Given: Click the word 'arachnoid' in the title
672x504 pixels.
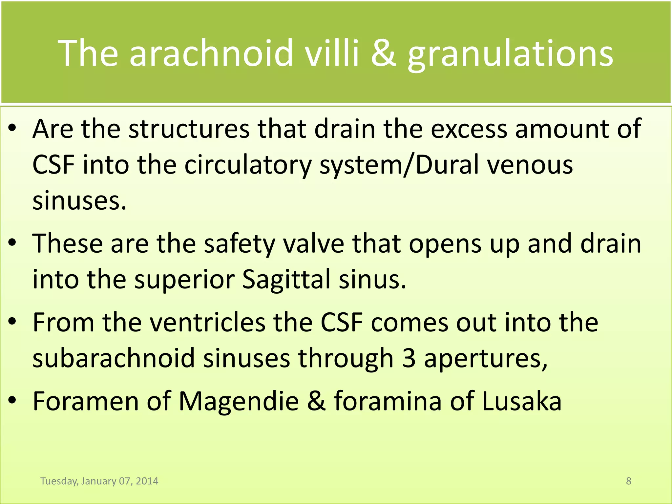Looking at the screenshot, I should click(211, 53).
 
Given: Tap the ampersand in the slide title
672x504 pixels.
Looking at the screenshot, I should click(384, 53).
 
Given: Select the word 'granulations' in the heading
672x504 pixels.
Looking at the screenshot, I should click(510, 54).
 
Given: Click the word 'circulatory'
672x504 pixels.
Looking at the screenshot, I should click(248, 165).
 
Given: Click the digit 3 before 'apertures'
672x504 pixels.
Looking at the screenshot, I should click(409, 358).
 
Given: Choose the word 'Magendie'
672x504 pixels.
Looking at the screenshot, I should click(239, 402).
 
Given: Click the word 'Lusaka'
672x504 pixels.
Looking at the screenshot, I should click(522, 402).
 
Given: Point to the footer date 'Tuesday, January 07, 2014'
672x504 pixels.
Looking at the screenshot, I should click(99, 481).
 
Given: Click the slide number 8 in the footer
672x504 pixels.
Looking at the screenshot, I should click(628, 481).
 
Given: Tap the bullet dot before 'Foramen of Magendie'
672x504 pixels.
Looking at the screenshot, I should click(12, 401).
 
